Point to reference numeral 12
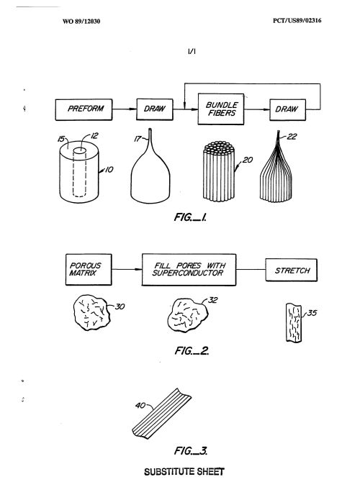click(94, 135)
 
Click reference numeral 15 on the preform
click(61, 139)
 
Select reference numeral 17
click(138, 139)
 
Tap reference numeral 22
click(292, 137)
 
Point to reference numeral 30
click(120, 306)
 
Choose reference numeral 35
click(312, 313)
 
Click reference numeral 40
click(140, 406)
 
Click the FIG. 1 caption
click(190, 217)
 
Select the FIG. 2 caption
click(192, 350)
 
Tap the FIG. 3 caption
click(191, 451)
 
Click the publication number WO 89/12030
click(81, 21)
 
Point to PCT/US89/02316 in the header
click(297, 21)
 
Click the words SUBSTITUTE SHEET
click(184, 471)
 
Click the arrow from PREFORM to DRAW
click(125, 109)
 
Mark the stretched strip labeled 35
click(294, 322)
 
